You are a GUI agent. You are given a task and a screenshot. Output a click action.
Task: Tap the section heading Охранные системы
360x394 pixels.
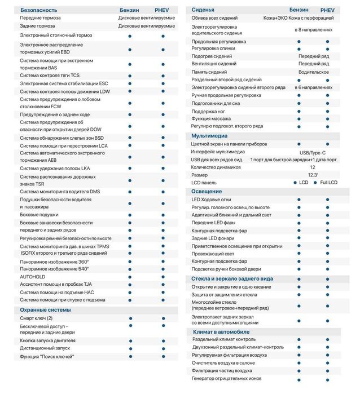(x=45, y=309)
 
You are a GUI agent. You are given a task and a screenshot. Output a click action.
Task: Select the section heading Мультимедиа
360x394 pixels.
(x=209, y=136)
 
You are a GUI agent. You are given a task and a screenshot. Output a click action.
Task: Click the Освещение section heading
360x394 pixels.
(x=207, y=191)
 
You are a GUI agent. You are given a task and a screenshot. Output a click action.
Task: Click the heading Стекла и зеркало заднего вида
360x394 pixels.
(x=232, y=278)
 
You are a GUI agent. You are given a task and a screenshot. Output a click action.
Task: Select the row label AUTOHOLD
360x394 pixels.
(x=33, y=277)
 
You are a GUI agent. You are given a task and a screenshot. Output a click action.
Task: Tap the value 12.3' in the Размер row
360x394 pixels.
(x=313, y=175)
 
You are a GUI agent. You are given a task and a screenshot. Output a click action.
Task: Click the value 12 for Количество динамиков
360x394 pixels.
(x=313, y=167)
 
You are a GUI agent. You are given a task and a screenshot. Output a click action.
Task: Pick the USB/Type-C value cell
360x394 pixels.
(x=313, y=152)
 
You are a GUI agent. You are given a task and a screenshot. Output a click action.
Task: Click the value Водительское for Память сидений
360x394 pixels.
(x=313, y=72)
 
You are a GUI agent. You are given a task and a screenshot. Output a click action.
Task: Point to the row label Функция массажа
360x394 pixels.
(x=213, y=118)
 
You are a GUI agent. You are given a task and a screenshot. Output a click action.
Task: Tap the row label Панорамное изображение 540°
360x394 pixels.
(x=54, y=269)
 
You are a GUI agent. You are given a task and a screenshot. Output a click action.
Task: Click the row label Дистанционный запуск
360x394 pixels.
(x=45, y=348)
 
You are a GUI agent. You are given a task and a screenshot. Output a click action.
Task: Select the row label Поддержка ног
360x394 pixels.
(x=209, y=111)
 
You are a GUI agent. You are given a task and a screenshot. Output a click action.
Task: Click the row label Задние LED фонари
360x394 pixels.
(x=213, y=238)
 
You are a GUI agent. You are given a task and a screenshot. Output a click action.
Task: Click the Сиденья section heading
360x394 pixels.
(x=203, y=10)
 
